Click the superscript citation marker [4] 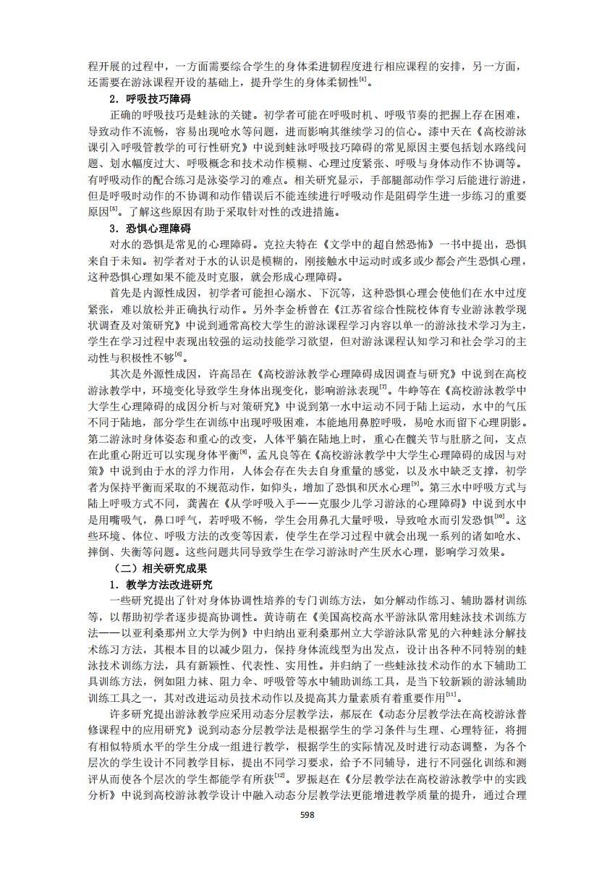click(363, 80)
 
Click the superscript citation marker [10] click(499, 517)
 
